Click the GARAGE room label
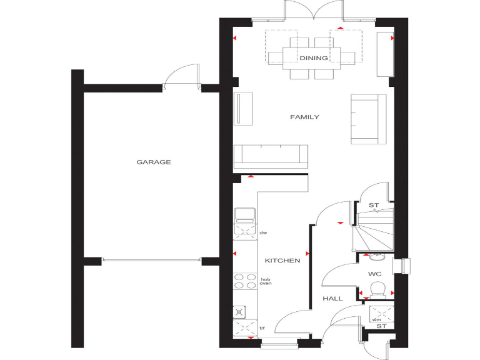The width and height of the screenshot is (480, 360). click(x=154, y=162)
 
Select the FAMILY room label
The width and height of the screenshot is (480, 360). click(x=304, y=117)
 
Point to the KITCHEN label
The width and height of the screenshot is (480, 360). click(x=282, y=261)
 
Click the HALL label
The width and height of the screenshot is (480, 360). click(x=332, y=299)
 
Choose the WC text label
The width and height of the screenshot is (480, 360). click(x=374, y=273)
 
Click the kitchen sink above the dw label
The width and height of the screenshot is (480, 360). click(x=245, y=216)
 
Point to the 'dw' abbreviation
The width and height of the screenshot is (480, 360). click(x=264, y=233)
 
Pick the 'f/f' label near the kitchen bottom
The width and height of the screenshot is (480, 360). click(x=263, y=328)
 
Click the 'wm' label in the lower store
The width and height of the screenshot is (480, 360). click(x=377, y=320)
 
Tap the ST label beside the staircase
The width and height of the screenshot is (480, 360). click(x=374, y=205)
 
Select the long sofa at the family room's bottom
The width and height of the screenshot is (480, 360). click(x=271, y=156)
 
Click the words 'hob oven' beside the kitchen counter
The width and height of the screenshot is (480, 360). click(x=266, y=281)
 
